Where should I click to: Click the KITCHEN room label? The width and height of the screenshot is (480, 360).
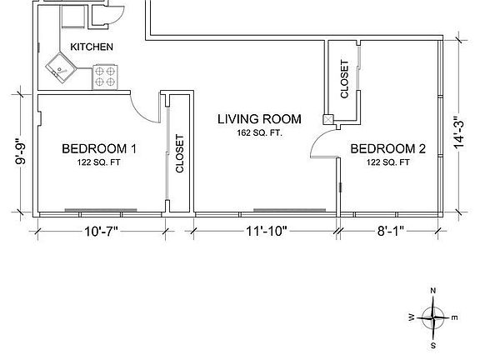(92, 47)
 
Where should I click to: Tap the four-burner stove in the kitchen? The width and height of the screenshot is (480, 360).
(105, 77)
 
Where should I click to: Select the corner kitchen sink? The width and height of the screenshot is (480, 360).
(61, 68)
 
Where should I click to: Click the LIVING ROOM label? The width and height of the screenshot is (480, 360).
(259, 119)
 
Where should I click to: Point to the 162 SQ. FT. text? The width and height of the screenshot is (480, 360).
(260, 133)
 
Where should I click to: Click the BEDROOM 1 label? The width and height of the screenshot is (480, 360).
(99, 149)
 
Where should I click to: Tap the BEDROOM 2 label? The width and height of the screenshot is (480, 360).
(387, 149)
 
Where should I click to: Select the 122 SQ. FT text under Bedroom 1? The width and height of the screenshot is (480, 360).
(98, 162)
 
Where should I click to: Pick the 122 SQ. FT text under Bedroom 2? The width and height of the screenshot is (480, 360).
(387, 162)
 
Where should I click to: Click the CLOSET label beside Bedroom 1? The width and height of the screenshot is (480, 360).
(180, 153)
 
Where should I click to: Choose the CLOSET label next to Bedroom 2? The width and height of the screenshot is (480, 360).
(344, 79)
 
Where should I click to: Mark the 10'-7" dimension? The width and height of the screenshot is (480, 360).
(102, 231)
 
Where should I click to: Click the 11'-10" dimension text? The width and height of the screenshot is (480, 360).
(267, 231)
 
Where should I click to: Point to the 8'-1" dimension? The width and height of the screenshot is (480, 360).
(391, 231)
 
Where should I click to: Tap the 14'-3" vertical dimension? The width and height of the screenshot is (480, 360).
(459, 132)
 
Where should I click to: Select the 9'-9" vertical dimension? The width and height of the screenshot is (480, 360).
(21, 152)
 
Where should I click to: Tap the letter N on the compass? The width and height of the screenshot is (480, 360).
(432, 291)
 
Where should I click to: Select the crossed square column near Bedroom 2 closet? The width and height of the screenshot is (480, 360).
(328, 119)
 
